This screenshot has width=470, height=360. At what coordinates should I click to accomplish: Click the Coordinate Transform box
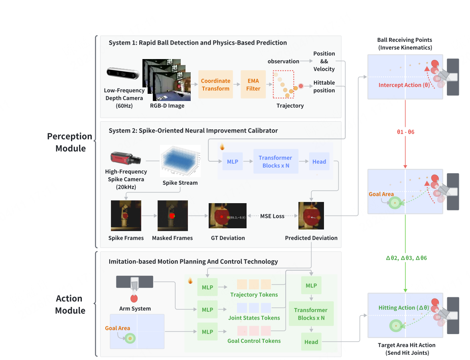click(x=215, y=85)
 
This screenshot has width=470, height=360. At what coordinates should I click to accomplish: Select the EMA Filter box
click(x=253, y=85)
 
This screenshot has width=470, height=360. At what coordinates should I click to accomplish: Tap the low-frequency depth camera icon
click(x=123, y=74)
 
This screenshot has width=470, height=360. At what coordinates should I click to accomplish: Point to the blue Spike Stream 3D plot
click(x=180, y=162)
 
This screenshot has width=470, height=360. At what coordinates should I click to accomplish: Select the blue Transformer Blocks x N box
click(x=275, y=162)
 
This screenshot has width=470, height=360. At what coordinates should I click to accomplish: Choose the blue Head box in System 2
click(x=319, y=162)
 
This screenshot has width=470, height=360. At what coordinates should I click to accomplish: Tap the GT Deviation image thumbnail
click(x=227, y=216)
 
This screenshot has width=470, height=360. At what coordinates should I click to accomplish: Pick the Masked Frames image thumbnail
click(x=172, y=216)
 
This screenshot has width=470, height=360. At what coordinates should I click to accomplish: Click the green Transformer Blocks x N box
click(x=311, y=314)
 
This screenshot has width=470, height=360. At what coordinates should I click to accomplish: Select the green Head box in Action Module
click(x=311, y=342)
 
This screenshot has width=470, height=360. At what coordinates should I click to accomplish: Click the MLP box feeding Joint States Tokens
click(x=207, y=310)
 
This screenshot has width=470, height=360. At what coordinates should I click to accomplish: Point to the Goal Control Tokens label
click(x=254, y=341)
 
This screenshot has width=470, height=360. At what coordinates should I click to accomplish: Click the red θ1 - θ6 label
click(x=406, y=132)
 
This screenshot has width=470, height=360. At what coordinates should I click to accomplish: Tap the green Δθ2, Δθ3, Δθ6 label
click(x=406, y=258)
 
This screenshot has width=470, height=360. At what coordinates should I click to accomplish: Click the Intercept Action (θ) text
click(x=404, y=85)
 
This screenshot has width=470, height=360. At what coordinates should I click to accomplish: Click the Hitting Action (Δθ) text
click(x=404, y=308)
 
